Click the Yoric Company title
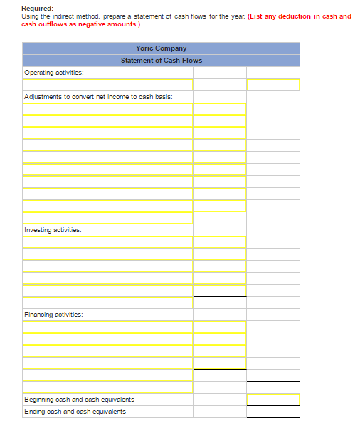coord(161,48)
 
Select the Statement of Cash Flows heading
coord(161,61)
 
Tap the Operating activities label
coord(53,73)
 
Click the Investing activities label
coord(53,230)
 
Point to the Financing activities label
coord(53,314)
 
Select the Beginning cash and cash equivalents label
coord(79,399)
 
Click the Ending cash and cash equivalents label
coord(75,411)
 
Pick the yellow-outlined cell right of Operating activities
coord(272,85)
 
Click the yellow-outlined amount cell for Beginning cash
coord(272,399)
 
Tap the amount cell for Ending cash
coord(272,411)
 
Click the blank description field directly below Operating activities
coord(107,85)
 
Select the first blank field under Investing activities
coord(107,242)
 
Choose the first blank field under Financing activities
coord(107,326)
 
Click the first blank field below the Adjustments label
coord(107,109)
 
